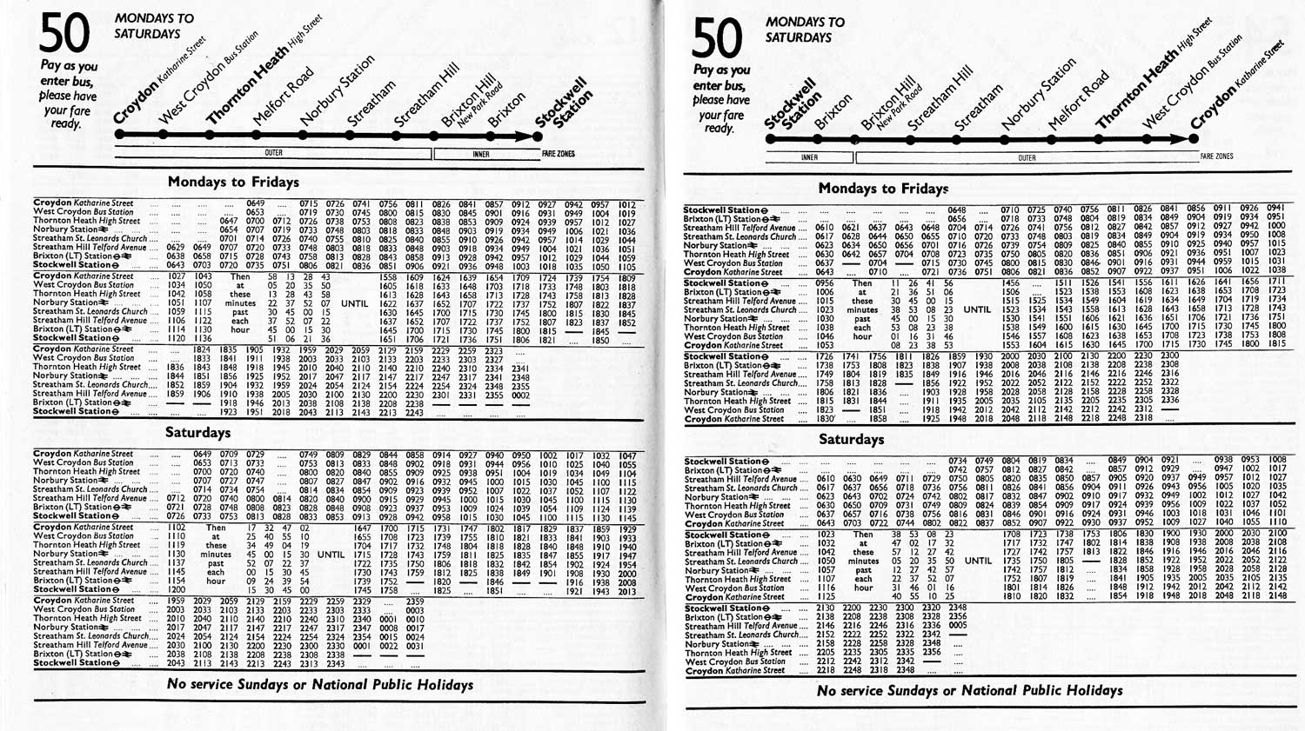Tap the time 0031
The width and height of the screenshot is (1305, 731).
click(415, 646)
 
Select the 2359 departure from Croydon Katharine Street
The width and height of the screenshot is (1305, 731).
click(415, 601)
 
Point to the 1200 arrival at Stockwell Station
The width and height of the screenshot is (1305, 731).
click(177, 589)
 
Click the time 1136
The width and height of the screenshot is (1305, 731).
click(203, 339)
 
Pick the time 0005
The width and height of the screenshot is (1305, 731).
click(958, 625)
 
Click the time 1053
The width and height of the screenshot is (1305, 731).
click(824, 345)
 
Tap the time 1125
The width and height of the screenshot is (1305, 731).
click(826, 597)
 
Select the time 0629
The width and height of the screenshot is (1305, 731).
click(177, 248)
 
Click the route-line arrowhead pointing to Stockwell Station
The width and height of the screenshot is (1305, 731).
click(535, 136)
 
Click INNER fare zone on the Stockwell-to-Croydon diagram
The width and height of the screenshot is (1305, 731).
click(809, 157)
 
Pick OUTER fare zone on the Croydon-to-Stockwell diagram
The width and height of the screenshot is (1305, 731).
click(273, 153)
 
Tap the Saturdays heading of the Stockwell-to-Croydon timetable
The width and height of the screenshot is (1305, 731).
click(851, 439)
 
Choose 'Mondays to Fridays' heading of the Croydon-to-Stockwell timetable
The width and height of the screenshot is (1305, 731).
click(233, 182)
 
